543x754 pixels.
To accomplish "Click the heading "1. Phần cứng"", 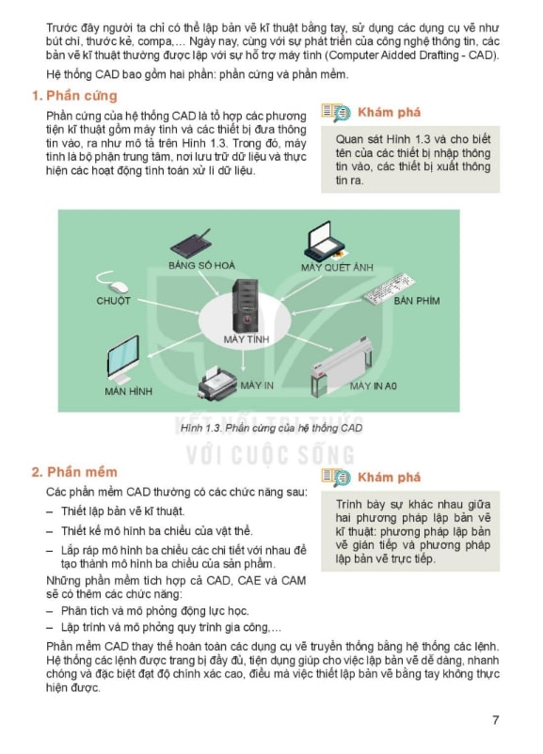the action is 74,96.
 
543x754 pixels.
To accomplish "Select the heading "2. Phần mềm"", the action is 74,472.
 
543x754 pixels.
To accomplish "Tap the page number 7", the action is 495,719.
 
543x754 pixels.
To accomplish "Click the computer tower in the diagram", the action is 245,306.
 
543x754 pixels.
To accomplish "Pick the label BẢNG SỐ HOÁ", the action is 201,265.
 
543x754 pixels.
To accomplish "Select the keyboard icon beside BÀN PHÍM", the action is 390,289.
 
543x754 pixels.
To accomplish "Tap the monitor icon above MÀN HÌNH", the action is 122,359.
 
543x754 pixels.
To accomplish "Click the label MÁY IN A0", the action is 373,385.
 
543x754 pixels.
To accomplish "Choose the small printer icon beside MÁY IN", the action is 216,383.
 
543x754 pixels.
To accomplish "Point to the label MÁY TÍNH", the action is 246,339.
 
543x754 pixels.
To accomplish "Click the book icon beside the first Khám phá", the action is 336,113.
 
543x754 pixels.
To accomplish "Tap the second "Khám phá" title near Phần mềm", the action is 389,477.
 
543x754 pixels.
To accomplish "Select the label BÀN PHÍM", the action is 416,301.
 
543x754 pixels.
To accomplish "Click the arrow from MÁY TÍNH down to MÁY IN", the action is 243,359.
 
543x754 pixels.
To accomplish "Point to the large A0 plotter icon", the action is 341,367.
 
